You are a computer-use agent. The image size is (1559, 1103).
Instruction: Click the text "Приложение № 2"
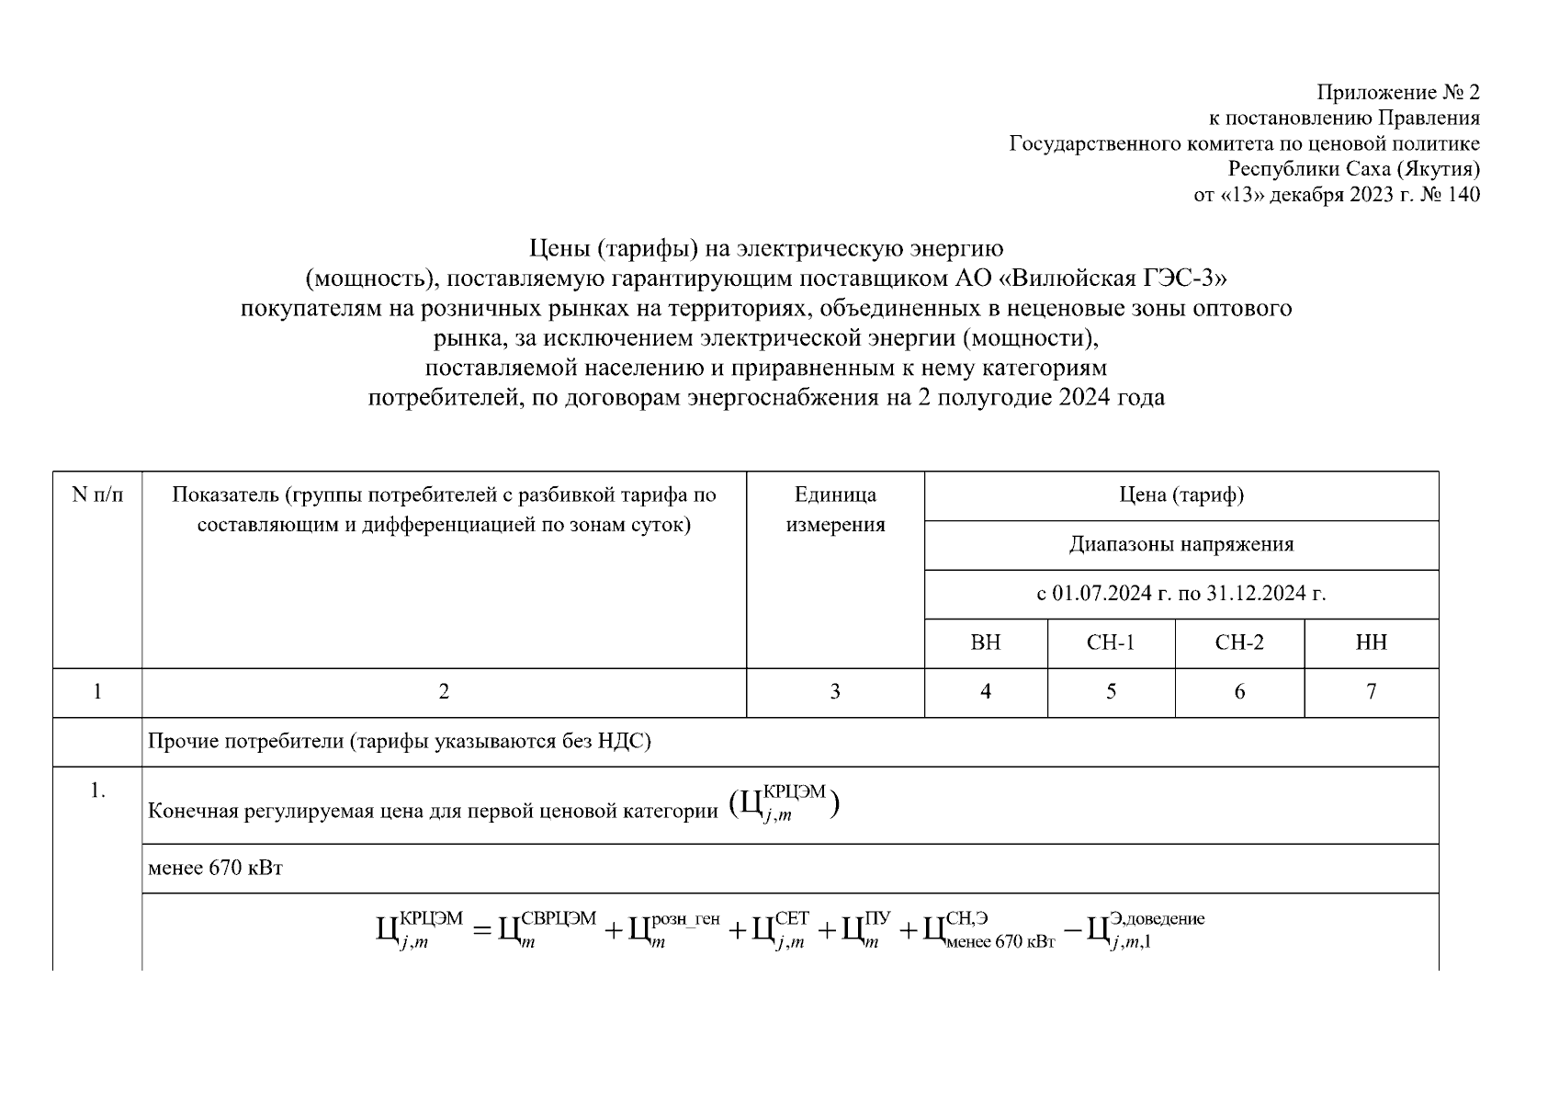tap(1398, 93)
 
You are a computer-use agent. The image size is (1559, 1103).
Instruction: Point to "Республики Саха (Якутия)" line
tap(1354, 169)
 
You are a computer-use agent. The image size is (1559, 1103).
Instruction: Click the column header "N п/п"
tap(97, 496)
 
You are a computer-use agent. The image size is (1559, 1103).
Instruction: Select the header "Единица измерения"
tap(835, 510)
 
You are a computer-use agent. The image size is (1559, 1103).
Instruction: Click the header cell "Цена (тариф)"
tap(1181, 496)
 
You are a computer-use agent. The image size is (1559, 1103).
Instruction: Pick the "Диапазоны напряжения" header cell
tap(1181, 545)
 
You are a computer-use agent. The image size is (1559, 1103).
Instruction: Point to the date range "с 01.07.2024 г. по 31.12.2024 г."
tap(1181, 594)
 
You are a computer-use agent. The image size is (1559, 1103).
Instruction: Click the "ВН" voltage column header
tap(986, 642)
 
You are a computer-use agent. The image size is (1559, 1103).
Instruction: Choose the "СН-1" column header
tap(1111, 642)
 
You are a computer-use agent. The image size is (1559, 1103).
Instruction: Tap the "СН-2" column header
tap(1239, 642)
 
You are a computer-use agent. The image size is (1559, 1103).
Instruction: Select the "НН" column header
tap(1371, 642)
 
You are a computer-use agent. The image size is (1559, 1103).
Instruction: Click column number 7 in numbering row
tap(1371, 692)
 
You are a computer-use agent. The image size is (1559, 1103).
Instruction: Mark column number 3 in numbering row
tap(835, 692)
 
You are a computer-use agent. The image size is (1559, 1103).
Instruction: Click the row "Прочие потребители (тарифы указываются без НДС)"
tap(400, 742)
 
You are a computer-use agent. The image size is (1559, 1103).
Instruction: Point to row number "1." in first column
tap(97, 791)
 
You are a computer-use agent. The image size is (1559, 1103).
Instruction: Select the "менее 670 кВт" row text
tap(215, 869)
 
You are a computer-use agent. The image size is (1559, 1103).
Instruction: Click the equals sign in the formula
tap(482, 931)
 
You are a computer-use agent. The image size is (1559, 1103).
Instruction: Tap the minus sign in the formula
tap(1071, 931)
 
